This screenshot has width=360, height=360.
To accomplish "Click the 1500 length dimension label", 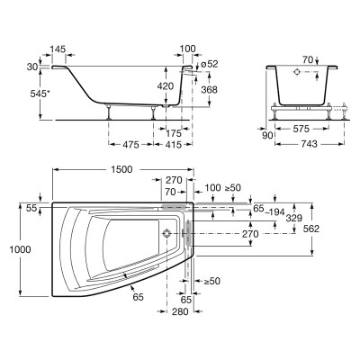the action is click(x=121, y=170).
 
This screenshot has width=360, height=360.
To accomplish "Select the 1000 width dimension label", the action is click(x=20, y=249).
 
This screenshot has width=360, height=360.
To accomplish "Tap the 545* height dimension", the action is click(x=39, y=94).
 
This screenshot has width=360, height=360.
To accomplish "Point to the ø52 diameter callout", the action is click(x=210, y=64).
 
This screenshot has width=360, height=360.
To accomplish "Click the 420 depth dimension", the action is click(x=166, y=86).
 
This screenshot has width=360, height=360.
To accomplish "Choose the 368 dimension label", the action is click(x=210, y=89).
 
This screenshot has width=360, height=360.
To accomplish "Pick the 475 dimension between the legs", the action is click(x=131, y=145).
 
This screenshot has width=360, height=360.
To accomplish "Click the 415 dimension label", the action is click(x=174, y=145).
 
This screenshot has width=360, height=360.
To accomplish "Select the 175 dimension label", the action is click(x=174, y=133).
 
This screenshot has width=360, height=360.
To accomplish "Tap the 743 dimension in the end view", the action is click(x=309, y=144).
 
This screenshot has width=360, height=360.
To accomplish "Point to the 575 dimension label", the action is click(x=301, y=129).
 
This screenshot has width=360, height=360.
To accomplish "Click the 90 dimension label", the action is click(x=268, y=136).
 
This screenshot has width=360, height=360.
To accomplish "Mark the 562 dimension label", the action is click(x=311, y=229).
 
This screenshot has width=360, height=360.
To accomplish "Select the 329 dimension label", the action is click(x=294, y=219).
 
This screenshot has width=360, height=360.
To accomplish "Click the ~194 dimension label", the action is click(x=274, y=212).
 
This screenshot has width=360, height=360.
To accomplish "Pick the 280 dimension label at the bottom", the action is click(x=180, y=311).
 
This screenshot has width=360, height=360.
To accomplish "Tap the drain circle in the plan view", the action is click(x=166, y=233).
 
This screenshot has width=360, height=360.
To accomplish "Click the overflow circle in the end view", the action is click(x=297, y=71).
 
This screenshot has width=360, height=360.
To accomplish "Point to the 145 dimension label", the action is click(x=58, y=49).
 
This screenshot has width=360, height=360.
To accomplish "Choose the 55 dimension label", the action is click(x=31, y=208).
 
